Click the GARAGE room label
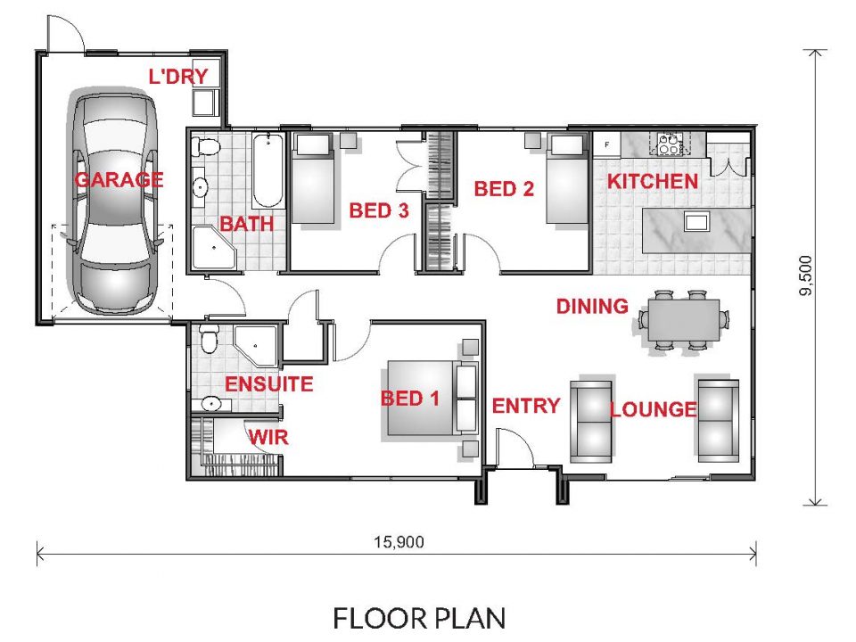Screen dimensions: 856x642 119,179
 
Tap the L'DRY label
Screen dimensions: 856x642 178,76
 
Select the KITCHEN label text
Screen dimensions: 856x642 653,181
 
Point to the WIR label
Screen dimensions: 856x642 268,437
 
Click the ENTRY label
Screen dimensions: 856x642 526,406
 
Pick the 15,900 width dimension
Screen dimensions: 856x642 399,542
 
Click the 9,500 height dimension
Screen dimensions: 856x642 806,276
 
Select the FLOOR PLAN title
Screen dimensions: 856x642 419,619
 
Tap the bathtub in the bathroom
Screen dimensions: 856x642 268,170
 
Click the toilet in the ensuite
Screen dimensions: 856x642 209,339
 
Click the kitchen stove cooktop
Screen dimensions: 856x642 668,143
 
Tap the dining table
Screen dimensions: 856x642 684,320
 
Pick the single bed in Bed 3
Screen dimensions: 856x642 313,178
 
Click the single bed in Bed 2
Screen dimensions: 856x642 568,178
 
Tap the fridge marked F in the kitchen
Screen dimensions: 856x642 607,144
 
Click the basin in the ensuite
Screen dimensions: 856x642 210,404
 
